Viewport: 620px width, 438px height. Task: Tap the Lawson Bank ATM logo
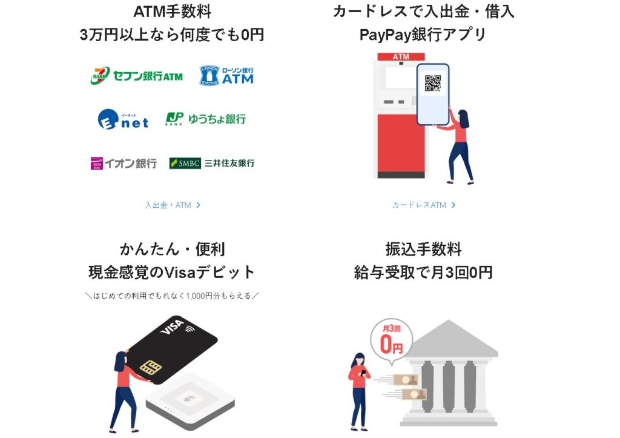click(x=226, y=75)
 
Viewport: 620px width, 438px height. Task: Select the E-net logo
click(x=123, y=119)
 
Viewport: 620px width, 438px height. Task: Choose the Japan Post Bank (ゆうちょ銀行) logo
click(x=206, y=119)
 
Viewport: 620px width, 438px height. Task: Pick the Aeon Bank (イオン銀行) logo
click(x=124, y=163)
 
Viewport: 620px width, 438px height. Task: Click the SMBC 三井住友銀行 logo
click(x=212, y=163)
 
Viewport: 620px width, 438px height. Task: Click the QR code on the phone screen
click(x=432, y=83)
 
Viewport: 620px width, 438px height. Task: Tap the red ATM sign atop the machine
click(x=401, y=57)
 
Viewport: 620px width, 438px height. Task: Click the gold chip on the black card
click(x=149, y=367)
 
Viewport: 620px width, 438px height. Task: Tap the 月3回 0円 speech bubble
click(x=391, y=341)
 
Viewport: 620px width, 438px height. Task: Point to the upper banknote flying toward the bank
click(x=405, y=380)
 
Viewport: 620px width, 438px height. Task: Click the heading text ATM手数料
click(x=172, y=11)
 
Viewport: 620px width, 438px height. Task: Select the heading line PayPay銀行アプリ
click(x=423, y=34)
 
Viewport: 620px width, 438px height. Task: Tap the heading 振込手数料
click(x=423, y=249)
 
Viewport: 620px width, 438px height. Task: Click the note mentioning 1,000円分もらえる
click(x=172, y=296)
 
